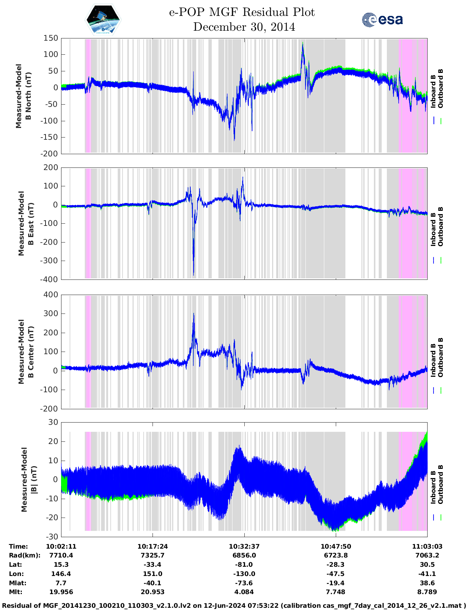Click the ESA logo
382,20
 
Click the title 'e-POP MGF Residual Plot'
242,12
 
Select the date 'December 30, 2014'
244,27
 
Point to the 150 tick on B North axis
51,38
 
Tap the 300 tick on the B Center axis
51,314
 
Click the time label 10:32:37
244,546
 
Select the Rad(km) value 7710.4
61,555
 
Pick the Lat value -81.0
244,565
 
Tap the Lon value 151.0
153,574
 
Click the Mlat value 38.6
427,583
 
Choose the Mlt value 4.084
244,592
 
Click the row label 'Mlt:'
16,592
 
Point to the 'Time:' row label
19,546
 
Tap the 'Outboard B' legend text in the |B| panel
441,484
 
